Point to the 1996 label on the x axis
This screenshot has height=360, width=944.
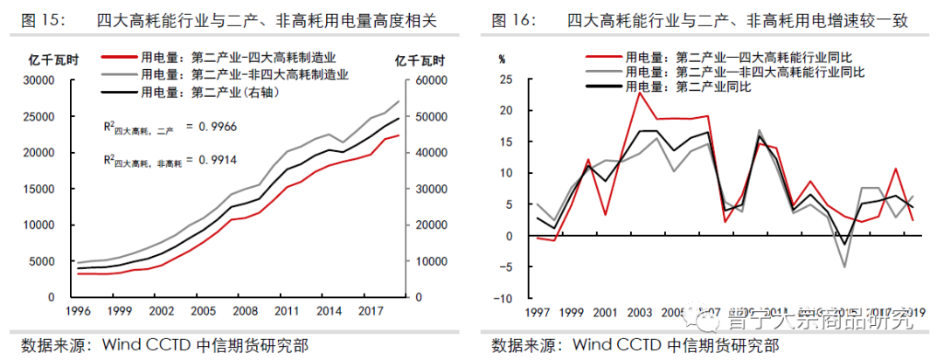(80, 311)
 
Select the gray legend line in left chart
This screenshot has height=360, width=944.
(120, 75)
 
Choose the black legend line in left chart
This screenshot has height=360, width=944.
(120, 90)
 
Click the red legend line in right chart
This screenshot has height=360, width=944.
(600, 58)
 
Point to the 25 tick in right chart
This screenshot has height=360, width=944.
(504, 80)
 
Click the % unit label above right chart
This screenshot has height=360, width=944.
(502, 59)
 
